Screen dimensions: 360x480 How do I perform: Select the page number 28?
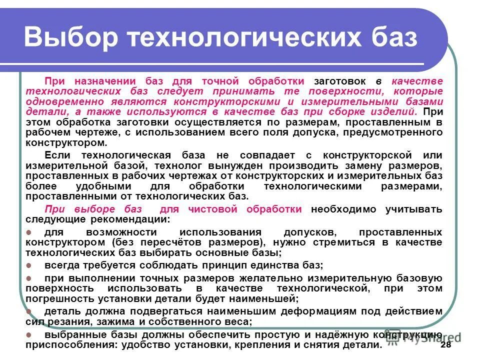[x=446, y=345]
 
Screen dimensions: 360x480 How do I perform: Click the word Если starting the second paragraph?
[x=55, y=155]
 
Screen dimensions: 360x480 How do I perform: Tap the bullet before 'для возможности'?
[x=28, y=232]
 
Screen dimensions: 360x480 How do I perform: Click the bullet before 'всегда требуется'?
[x=28, y=265]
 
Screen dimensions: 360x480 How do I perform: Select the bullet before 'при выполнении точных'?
[x=28, y=278]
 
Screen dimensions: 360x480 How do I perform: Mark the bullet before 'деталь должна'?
[x=28, y=311]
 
